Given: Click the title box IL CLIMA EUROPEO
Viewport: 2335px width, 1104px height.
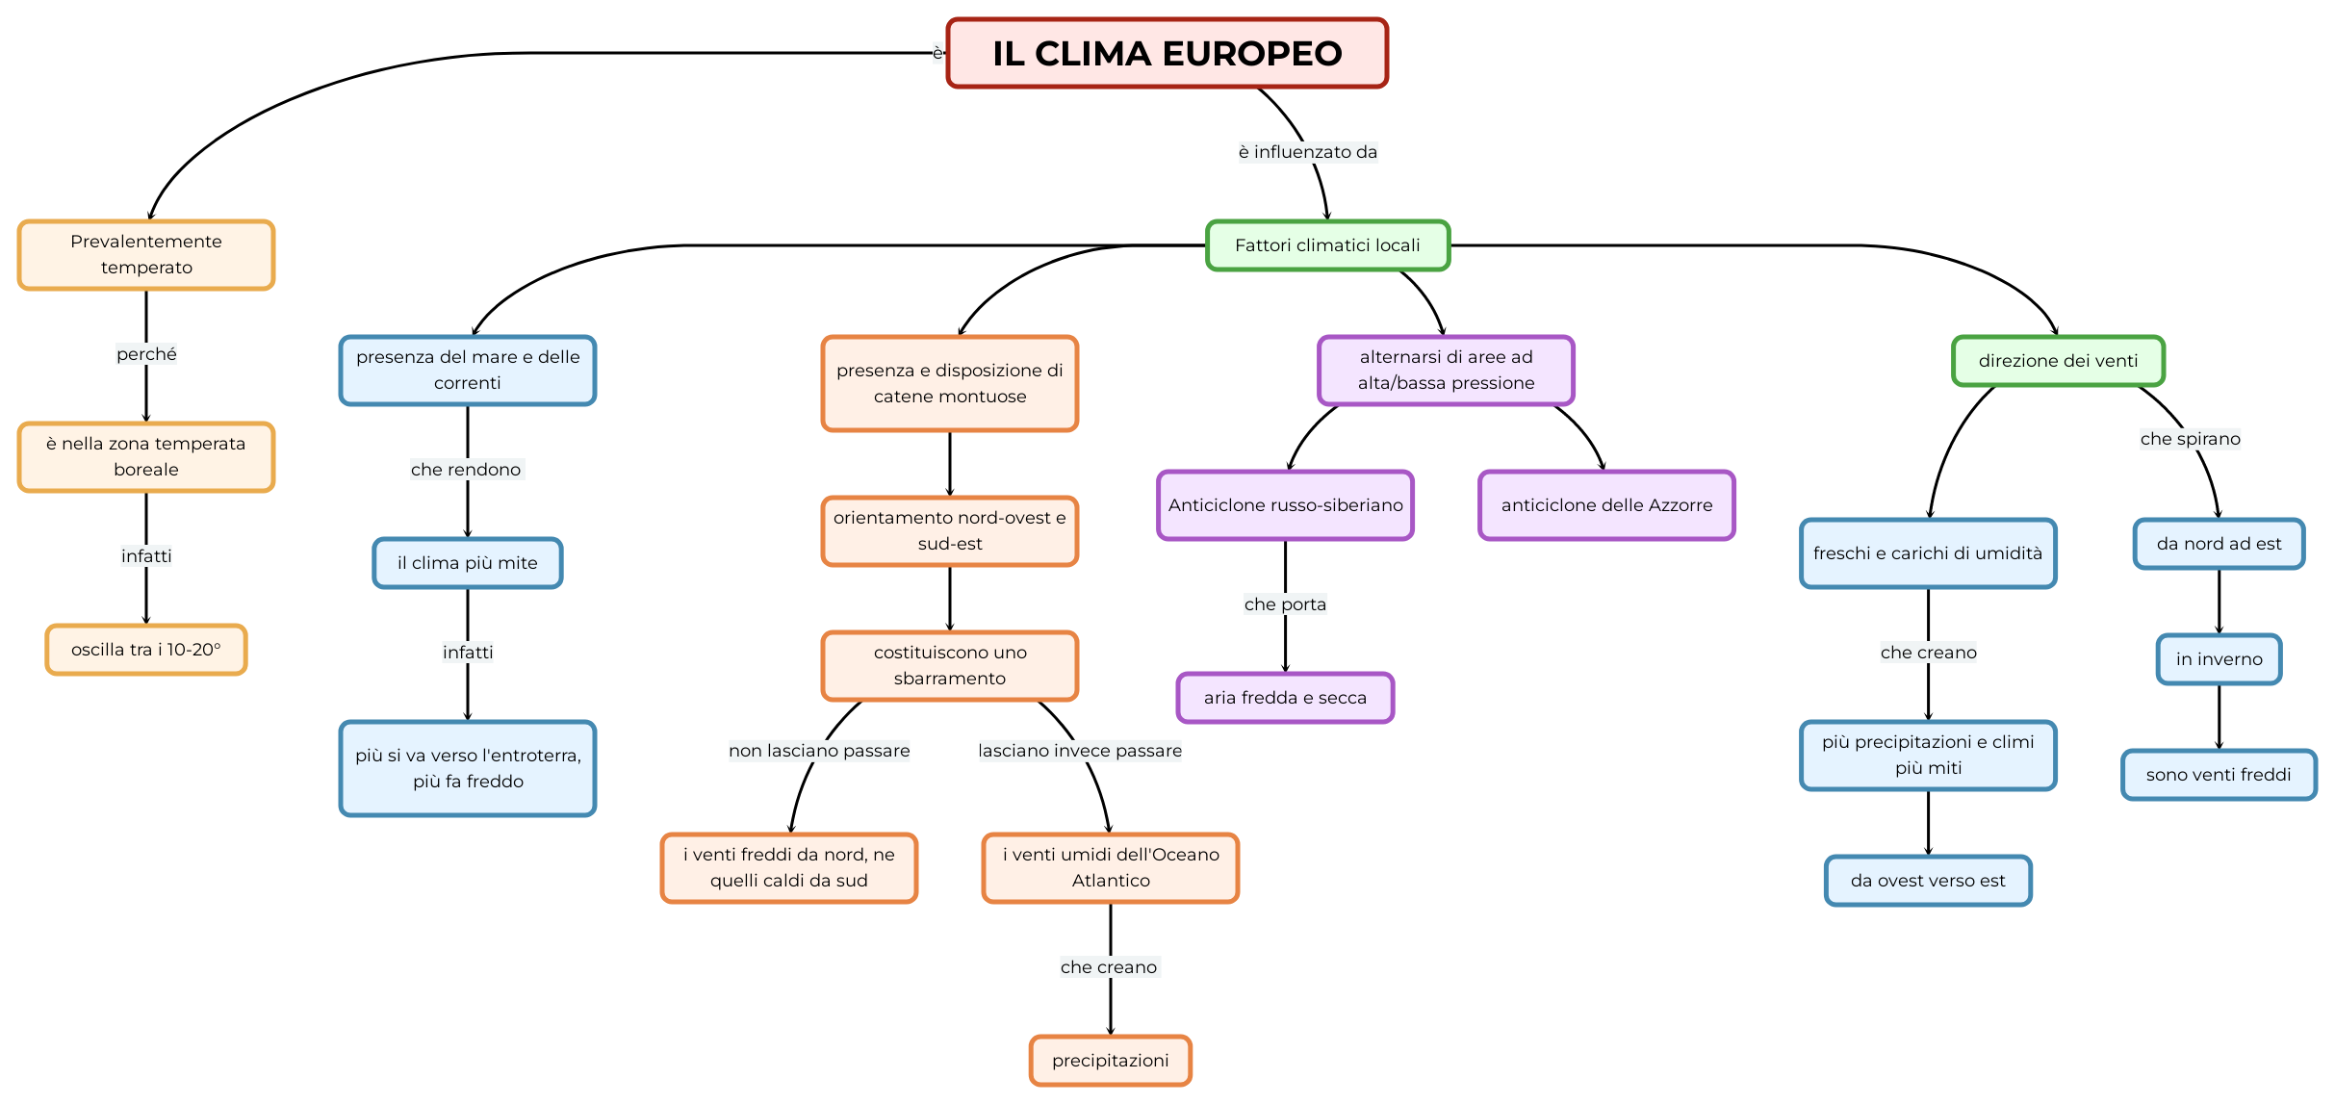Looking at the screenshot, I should pyautogui.click(x=1167, y=53).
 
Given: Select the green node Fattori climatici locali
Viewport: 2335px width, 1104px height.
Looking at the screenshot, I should pyautogui.click(x=1327, y=245).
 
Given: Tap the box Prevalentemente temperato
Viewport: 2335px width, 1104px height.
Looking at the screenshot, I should pyautogui.click(x=146, y=254).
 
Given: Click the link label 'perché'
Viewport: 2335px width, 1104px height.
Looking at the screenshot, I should pyautogui.click(x=146, y=354).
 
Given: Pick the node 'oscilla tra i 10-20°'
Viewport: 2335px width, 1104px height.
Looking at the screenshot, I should pyautogui.click(x=146, y=650).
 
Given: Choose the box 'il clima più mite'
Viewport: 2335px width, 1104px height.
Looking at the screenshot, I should pyautogui.click(x=468, y=563).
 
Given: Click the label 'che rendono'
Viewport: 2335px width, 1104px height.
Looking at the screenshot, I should pyautogui.click(x=467, y=470).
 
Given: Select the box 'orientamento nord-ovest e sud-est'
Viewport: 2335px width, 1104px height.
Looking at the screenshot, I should pyautogui.click(x=950, y=530).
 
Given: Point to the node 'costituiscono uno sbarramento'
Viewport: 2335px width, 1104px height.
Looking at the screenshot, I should pyautogui.click(x=950, y=665).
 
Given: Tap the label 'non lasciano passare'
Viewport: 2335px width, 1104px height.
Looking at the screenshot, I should pyautogui.click(x=819, y=751).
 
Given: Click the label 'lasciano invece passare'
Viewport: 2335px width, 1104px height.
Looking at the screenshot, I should pyautogui.click(x=1080, y=751).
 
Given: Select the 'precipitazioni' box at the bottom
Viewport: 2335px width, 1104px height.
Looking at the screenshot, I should pyautogui.click(x=1111, y=1061).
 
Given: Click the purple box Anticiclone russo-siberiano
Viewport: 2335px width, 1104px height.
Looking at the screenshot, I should pyautogui.click(x=1285, y=505).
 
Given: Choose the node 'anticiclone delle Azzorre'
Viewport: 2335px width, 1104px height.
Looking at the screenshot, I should pyautogui.click(x=1606, y=505).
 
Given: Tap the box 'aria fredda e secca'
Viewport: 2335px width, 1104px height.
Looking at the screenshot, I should pyautogui.click(x=1285, y=698).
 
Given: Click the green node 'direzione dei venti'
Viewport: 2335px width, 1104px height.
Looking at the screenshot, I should pyautogui.click(x=2058, y=361).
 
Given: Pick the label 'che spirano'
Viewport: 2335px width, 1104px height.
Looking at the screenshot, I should pyautogui.click(x=2190, y=439).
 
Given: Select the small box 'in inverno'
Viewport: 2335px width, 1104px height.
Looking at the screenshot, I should pyautogui.click(x=2219, y=659).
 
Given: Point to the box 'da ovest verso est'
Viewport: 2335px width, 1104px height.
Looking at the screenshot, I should pyautogui.click(x=1928, y=881).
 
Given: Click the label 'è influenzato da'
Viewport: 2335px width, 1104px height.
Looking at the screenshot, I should pyautogui.click(x=1308, y=152).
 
